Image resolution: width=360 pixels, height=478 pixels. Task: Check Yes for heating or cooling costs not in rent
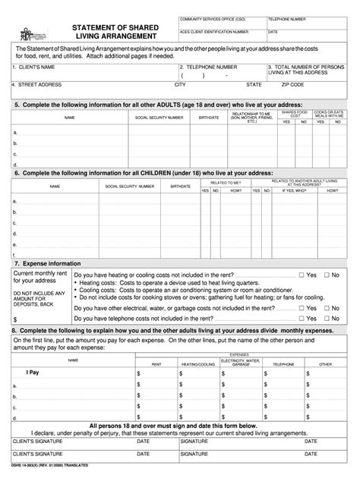(x=302, y=275)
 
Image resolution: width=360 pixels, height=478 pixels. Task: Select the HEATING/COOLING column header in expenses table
(x=198, y=364)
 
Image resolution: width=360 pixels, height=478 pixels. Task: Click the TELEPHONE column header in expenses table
(x=283, y=364)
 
